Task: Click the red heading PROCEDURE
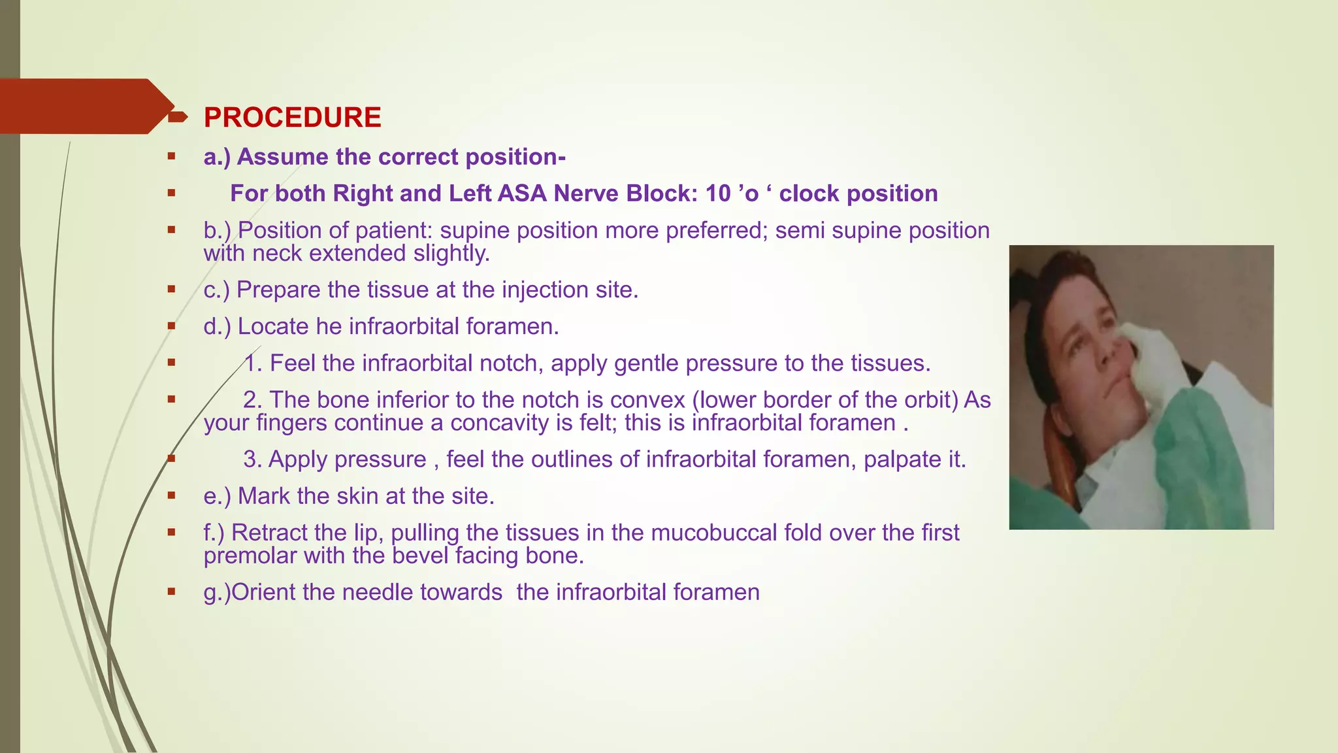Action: [292, 118]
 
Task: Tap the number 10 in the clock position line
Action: [718, 193]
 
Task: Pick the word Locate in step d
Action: [273, 326]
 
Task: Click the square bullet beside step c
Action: [171, 290]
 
